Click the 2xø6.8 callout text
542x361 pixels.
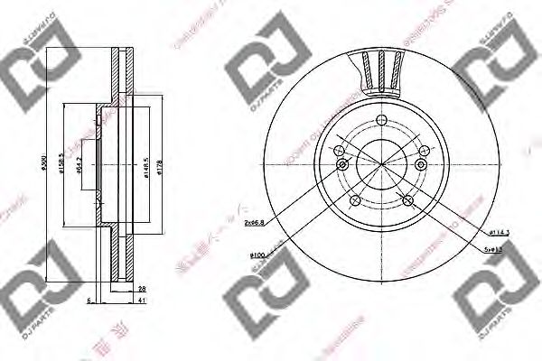pyautogui.click(x=256, y=220)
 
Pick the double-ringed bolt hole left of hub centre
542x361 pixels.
pyautogui.click(x=342, y=165)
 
